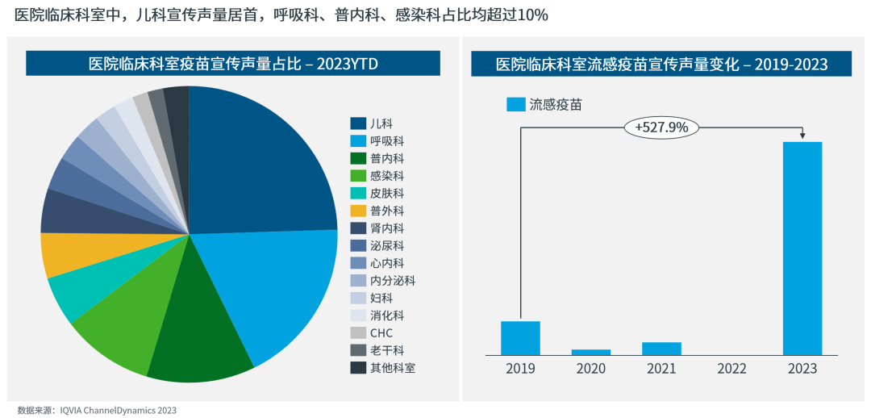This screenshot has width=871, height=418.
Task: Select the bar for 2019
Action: [x=520, y=338]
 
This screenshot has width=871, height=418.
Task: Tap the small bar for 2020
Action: [x=591, y=352]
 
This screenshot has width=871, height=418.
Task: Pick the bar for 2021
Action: [x=661, y=349]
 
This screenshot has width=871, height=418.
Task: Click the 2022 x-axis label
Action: [x=731, y=369]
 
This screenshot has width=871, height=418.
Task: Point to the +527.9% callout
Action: [x=661, y=127]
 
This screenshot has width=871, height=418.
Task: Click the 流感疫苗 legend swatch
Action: [x=516, y=105]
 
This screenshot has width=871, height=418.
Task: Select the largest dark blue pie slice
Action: [x=258, y=161]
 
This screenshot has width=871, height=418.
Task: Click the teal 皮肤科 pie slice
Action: [x=81, y=295]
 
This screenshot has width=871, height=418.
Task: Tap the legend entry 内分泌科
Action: [x=393, y=281]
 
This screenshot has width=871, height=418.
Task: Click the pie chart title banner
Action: [x=233, y=64]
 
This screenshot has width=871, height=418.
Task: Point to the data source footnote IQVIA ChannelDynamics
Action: [x=97, y=410]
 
